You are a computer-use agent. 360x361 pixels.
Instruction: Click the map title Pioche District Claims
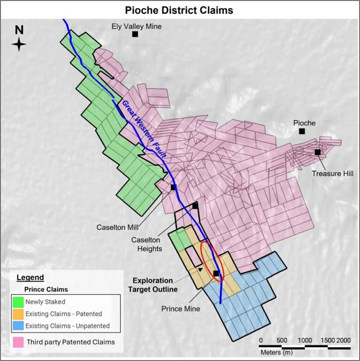(x=179, y=9)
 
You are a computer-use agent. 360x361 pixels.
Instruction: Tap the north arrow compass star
(x=19, y=45)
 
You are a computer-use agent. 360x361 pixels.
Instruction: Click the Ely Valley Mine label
(x=135, y=26)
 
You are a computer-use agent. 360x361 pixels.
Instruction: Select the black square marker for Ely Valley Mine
(x=135, y=34)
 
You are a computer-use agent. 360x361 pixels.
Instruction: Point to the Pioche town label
(x=304, y=123)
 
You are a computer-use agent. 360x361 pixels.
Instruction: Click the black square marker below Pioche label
(x=302, y=131)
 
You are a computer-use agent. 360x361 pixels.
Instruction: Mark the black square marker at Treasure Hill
(x=318, y=152)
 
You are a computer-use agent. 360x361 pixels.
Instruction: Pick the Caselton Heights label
(x=146, y=244)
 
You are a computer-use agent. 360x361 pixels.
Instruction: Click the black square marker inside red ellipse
(x=216, y=273)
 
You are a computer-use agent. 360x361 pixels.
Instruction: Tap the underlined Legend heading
(x=30, y=278)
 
